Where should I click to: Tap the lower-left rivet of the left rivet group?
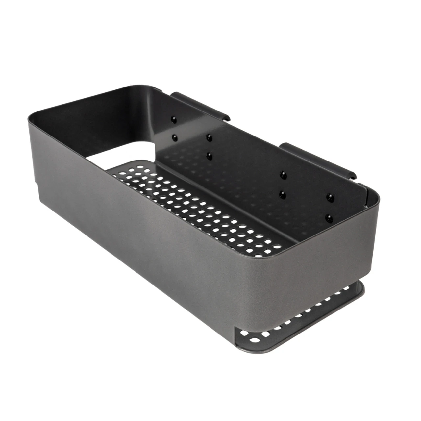click(174, 136)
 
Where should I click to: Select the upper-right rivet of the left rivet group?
click(208, 137)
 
